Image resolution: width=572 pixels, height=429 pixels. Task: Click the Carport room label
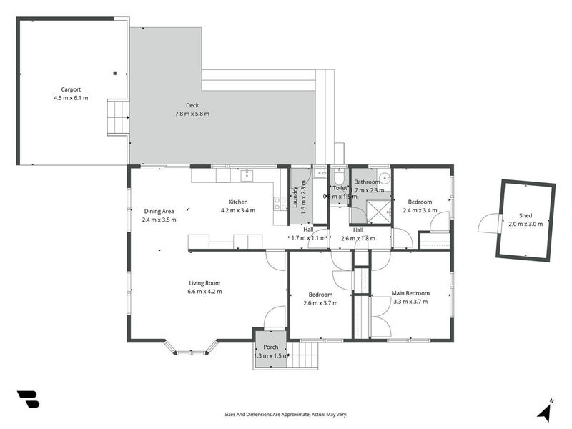pos(70,89)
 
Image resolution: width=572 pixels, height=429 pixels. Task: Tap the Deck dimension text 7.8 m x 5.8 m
pos(192,114)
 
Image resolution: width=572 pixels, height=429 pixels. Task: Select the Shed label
pos(526,215)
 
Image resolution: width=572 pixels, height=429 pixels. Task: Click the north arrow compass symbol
pos(545,411)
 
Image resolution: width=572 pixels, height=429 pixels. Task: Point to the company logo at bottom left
pos(28,399)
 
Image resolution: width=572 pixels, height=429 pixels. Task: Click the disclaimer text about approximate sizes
pos(286,414)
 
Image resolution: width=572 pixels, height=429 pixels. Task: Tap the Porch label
pos(270,347)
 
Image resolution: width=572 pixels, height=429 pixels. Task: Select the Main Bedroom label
pos(410,293)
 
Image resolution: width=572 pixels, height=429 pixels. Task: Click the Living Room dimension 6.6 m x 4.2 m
pos(204,291)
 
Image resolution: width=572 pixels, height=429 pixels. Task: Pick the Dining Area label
pos(159,211)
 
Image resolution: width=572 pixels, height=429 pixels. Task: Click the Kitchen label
pos(237,202)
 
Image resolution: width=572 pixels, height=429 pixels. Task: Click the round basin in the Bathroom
pos(384,179)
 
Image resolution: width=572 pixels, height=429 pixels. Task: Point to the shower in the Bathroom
pos(378,211)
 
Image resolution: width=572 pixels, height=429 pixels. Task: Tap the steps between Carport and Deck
pos(117,117)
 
